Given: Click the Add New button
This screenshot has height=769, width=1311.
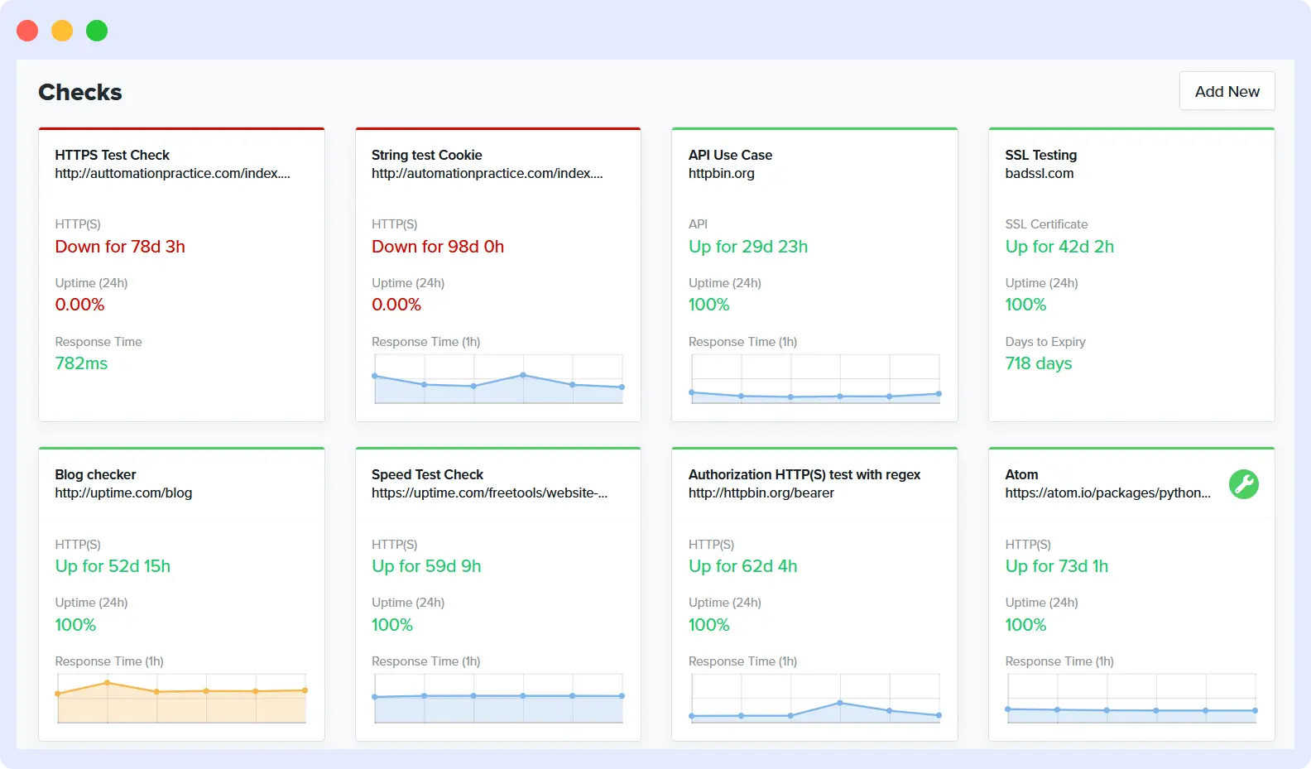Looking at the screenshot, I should pos(1227,91).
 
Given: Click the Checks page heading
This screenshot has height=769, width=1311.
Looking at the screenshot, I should pos(80,92).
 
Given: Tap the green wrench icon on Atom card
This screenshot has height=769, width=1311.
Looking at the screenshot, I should pos(1243,484).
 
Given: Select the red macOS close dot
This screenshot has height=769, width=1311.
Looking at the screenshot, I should pos(27,31).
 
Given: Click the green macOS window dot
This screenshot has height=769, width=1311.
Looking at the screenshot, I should pos(97,31).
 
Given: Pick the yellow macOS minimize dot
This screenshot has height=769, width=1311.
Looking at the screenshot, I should pos(62,31).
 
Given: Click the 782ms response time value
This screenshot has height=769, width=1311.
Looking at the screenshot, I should pos(81,363).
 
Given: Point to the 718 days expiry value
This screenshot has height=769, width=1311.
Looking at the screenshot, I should pos(1038,363).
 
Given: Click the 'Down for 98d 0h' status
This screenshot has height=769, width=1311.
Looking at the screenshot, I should pos(437,247).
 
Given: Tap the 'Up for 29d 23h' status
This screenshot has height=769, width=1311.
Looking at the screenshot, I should pos(747,247).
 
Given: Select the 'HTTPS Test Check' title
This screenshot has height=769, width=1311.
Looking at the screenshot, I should pos(112,155).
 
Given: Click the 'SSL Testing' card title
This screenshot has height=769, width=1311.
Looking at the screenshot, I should pos(1040,155).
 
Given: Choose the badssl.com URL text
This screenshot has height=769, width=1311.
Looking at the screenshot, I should pos(1039,173).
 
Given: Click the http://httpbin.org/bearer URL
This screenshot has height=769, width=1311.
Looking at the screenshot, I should pos(761,493).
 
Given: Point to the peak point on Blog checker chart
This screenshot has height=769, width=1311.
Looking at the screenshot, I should pos(107,683).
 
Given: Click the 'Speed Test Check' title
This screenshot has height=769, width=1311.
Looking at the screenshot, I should pos(427,474).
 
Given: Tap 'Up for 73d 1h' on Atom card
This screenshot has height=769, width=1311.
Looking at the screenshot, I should pos(1056,566).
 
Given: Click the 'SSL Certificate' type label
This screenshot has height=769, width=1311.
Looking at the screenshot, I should pos(1046,224).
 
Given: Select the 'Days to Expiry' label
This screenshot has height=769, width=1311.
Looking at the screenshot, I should pos(1044,342).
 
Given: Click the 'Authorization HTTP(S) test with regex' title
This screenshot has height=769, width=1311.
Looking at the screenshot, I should pos(804,474).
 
